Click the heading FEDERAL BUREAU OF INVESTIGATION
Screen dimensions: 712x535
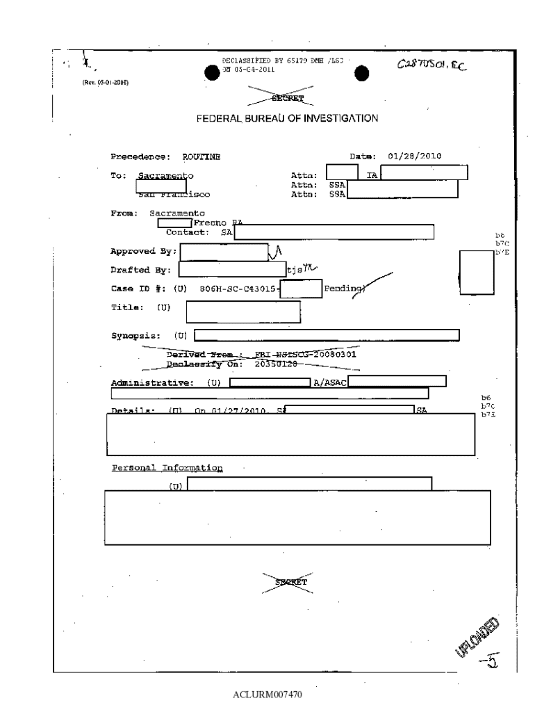[x=287, y=118]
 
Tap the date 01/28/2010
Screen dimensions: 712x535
[x=415, y=156]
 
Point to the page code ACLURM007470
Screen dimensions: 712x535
[x=268, y=694]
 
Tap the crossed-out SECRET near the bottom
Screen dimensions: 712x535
[x=286, y=581]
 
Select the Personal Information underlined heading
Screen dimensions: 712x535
[x=167, y=468]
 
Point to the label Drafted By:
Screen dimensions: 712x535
[x=141, y=270]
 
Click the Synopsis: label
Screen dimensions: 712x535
[x=137, y=337]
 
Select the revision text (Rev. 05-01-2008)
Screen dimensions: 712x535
[x=105, y=82]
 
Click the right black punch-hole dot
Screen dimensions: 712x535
[x=361, y=73]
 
